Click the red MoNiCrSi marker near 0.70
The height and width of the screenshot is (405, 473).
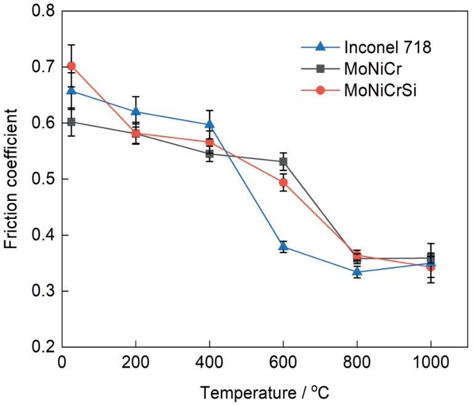coord(71,66)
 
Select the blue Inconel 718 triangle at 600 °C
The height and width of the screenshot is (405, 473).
coord(283,247)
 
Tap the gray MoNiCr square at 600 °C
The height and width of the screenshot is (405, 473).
coord(283,162)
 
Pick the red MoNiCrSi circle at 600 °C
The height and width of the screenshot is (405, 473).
coord(283,182)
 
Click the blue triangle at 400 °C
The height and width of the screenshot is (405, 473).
coord(209,124)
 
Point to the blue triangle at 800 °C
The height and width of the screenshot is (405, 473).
coord(357,271)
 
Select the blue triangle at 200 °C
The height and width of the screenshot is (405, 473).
coord(135,111)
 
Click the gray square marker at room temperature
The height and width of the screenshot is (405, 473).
coord(71,121)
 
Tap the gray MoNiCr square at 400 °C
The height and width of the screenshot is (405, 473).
coord(209,153)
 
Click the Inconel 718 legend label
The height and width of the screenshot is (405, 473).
coord(387,47)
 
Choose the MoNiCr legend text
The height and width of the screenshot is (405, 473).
coord(373,69)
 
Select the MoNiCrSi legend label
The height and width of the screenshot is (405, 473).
coord(380,90)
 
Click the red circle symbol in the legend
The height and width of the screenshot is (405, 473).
coord(320,90)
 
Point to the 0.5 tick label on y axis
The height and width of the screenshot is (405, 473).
coord(44,179)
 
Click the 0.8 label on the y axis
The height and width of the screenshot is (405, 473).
coord(44,11)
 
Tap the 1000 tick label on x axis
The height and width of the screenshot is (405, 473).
coord(431,362)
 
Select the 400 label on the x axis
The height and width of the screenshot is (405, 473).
coord(209,362)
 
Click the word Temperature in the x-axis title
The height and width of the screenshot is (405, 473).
coord(248,393)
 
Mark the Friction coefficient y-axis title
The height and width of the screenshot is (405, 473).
coord(11,179)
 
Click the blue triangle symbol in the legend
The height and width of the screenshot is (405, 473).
coord(320,47)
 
